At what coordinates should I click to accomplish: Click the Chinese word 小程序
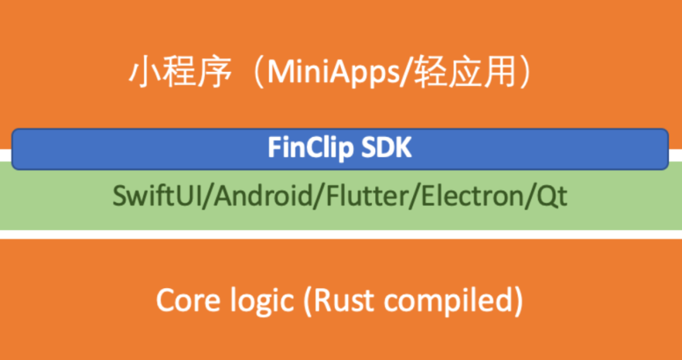(177, 74)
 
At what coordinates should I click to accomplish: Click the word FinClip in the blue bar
(306, 148)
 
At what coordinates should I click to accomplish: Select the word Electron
(476, 196)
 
